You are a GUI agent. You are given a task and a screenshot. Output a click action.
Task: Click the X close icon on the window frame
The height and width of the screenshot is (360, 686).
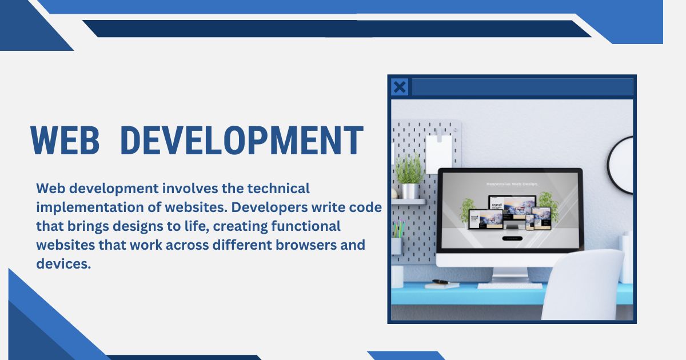point(400,87)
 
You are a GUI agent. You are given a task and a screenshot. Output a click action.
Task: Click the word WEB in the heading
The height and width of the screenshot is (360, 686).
point(65,140)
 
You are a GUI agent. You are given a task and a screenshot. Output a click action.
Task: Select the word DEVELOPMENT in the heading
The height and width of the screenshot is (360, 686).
point(242,140)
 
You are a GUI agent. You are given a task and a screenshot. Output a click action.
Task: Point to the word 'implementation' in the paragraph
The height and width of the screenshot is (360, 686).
point(84,207)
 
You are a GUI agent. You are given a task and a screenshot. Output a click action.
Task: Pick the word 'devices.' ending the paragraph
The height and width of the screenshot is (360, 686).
point(63,264)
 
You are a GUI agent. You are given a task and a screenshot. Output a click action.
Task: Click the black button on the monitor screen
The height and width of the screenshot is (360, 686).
point(512,238)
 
